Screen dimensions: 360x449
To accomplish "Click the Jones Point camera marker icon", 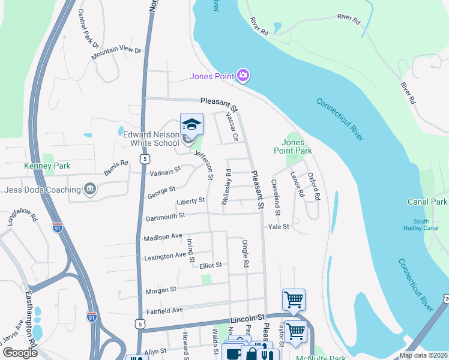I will coord(243,76).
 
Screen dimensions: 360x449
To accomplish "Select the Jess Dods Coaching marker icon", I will coord(89,190).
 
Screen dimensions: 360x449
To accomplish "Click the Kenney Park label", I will coord(47,166).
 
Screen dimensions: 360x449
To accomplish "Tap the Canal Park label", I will coord(427,202).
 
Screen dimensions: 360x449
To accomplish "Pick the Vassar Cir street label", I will coord(228,127).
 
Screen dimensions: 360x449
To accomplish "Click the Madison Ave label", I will coord(163,238).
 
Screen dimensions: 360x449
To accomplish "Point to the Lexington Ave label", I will coord(165,256).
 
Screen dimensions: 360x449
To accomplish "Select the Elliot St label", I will coord(210,265).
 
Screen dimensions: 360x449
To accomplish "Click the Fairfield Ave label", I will coord(164,310).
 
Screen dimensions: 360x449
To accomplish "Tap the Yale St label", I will coord(279,227).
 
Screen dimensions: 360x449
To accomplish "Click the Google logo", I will coord(20,352).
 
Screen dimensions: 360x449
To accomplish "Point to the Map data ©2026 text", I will coord(423,355).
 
